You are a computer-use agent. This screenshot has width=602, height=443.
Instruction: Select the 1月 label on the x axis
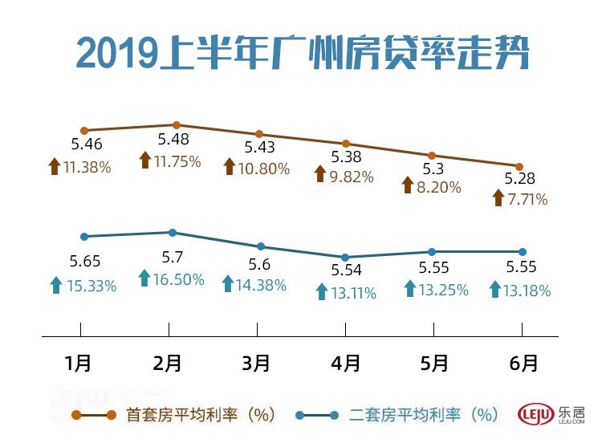tap(79, 363)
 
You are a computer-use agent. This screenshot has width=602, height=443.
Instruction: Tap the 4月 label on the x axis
tap(345, 363)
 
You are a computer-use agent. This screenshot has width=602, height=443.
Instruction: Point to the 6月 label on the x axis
tap(523, 363)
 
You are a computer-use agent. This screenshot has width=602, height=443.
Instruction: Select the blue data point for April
tap(345, 257)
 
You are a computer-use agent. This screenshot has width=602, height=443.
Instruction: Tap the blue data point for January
tap(83, 236)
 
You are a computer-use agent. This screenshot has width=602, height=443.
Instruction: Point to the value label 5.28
tap(519, 178)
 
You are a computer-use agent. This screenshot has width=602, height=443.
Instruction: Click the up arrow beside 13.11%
tap(321, 292)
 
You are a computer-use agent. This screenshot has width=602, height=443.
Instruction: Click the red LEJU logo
tap(536, 414)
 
